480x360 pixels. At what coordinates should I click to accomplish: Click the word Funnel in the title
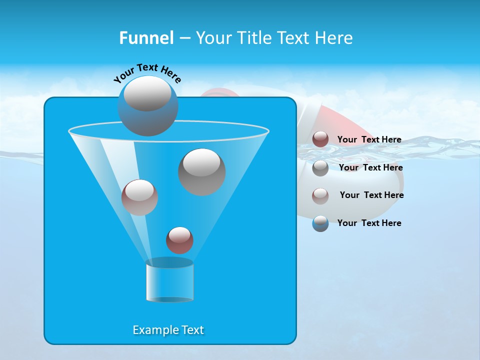pos(146,37)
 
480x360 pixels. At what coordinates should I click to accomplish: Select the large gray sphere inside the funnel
pos(202,172)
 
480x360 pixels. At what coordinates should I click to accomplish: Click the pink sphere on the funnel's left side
pos(139,197)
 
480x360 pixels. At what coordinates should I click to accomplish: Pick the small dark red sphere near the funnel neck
pos(179,240)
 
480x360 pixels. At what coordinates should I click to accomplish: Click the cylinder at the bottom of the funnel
pos(169,282)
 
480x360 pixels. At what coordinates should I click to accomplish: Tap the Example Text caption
pos(168,330)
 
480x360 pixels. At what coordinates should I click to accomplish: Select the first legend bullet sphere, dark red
pos(320,139)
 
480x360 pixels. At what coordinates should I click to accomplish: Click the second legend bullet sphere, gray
pos(320,168)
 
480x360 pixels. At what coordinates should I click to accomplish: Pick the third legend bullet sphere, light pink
pos(320,195)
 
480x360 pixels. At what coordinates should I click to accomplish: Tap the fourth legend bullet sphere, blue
pos(320,223)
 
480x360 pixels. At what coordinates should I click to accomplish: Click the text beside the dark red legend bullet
pos(369,139)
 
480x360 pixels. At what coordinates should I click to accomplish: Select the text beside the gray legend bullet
pos(370,167)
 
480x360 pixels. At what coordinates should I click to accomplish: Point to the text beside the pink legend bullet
pos(371,195)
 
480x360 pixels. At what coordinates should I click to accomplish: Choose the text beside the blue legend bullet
pos(369,223)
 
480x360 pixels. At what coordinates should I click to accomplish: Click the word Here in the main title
pos(336,37)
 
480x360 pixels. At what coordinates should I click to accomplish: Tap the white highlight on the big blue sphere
pos(147,93)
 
